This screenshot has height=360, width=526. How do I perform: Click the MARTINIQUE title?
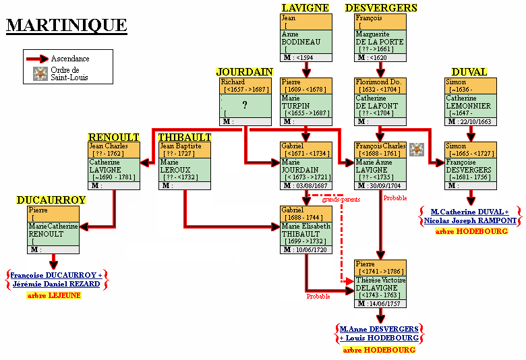[x=66, y=26]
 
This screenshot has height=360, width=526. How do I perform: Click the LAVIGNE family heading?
[x=305, y=8]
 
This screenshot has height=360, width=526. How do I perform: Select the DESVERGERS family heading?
[x=381, y=8]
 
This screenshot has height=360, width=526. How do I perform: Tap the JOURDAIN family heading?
[x=244, y=72]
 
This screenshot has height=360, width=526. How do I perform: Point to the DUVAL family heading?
[x=469, y=72]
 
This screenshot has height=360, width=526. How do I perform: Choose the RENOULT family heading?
[x=113, y=137]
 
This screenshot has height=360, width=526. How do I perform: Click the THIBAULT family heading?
[x=184, y=137]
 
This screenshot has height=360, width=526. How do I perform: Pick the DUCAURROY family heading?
[x=51, y=200]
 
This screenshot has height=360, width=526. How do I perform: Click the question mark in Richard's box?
[x=244, y=104]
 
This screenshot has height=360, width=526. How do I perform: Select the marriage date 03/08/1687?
[x=313, y=185]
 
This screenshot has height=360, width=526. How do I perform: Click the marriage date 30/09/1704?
[x=387, y=185]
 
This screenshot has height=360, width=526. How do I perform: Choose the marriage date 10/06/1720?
[x=313, y=250]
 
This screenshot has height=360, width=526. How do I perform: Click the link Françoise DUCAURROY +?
[x=56, y=275]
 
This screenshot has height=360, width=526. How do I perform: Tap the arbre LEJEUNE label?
[x=53, y=295]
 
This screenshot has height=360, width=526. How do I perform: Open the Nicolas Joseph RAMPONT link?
[x=470, y=220]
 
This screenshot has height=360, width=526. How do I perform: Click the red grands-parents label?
[x=341, y=200]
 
